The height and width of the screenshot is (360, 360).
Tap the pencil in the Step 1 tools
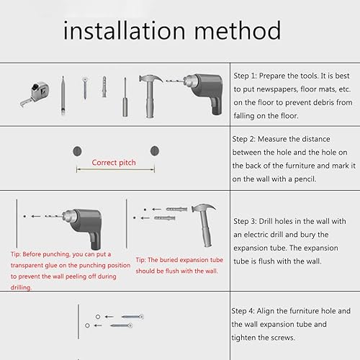pyautogui.click(x=63, y=96)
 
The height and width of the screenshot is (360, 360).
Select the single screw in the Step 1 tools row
pyautogui.click(x=85, y=88)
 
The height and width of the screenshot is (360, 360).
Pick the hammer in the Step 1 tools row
pyautogui.click(x=150, y=96)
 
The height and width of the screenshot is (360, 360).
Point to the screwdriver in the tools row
pyautogui.click(x=125, y=97)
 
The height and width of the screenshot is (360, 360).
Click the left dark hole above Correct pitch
pyautogui.click(x=77, y=151)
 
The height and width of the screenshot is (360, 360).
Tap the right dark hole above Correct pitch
pyautogui.click(x=155, y=150)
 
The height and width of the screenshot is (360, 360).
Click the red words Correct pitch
pyautogui.click(x=114, y=163)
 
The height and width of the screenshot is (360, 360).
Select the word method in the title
pyautogui.click(x=238, y=30)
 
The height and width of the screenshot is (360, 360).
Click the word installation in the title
pyautogui.click(x=125, y=30)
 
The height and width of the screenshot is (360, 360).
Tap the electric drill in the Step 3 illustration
pyautogui.click(x=81, y=227)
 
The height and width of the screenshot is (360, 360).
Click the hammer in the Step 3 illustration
pyautogui.click(x=204, y=225)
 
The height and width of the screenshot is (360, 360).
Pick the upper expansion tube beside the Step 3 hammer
pyautogui.click(x=177, y=210)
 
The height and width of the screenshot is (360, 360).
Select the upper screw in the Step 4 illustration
pyautogui.click(x=132, y=317)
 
